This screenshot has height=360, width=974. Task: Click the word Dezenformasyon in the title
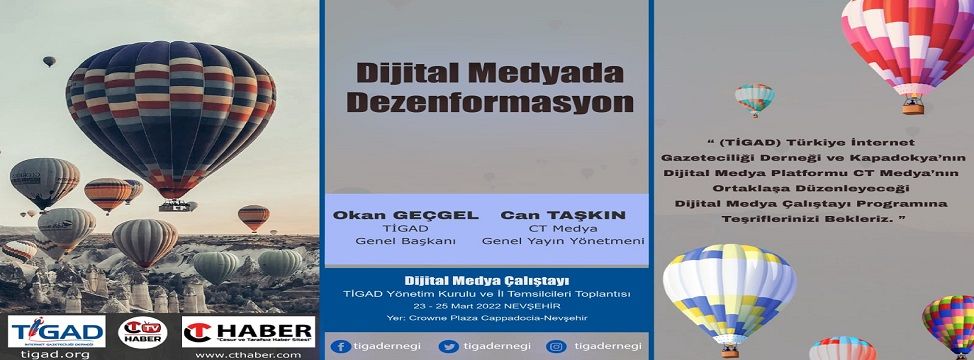click(x=483, y=102)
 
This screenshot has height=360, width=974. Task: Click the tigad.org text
click(x=56, y=354)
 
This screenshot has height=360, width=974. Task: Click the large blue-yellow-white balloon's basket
click(x=729, y=351)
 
